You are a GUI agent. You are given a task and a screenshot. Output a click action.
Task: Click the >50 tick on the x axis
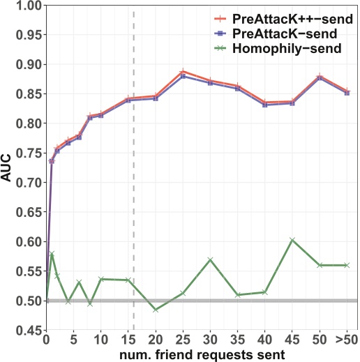346,340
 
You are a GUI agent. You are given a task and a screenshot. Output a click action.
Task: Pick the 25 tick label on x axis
183,340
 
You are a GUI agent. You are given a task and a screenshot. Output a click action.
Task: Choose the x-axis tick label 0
45,340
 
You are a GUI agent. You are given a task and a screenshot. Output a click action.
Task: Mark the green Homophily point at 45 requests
292,240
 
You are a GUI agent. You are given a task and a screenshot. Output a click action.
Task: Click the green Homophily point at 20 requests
156,310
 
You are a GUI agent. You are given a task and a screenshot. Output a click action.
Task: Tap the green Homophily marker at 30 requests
210,260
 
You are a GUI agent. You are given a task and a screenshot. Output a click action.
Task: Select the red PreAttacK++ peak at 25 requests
183,71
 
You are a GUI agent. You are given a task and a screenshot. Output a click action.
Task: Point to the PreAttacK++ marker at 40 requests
265,103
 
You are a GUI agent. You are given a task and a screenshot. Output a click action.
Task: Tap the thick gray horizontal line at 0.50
209,301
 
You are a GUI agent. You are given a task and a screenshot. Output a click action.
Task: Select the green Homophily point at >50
347,265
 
